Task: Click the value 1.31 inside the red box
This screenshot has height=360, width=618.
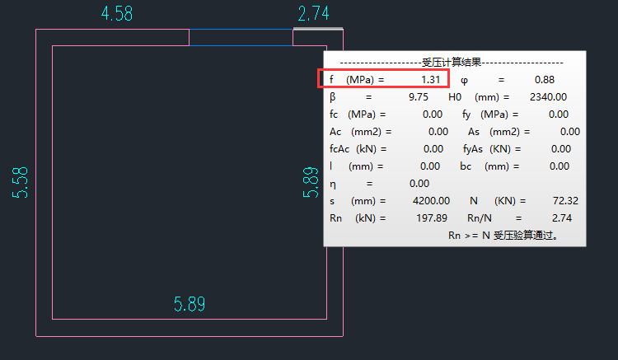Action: [429, 80]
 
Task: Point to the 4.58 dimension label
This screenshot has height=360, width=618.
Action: [117, 14]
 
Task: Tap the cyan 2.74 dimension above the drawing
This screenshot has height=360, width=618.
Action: [314, 14]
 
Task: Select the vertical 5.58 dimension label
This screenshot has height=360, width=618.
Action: [21, 182]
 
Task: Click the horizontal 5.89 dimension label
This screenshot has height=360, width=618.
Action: [190, 304]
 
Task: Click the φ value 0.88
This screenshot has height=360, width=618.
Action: [544, 80]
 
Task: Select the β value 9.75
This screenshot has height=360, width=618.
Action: [418, 97]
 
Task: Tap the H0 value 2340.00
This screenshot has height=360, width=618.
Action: [548, 97]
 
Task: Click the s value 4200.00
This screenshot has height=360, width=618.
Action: [431, 201]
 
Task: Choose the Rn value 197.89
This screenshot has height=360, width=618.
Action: [432, 218]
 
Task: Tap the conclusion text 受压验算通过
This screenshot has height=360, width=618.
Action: [526, 236]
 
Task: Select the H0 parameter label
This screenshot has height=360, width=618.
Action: [455, 97]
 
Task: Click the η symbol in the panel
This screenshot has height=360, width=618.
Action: [333, 184]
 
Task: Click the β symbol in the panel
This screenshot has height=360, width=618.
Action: [332, 97]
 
